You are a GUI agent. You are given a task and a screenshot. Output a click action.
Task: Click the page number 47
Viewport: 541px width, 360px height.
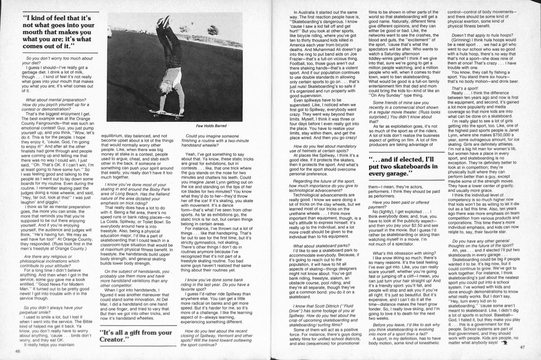(523, 346)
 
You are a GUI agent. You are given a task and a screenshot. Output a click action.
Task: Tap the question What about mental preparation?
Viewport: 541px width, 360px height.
(57, 102)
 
